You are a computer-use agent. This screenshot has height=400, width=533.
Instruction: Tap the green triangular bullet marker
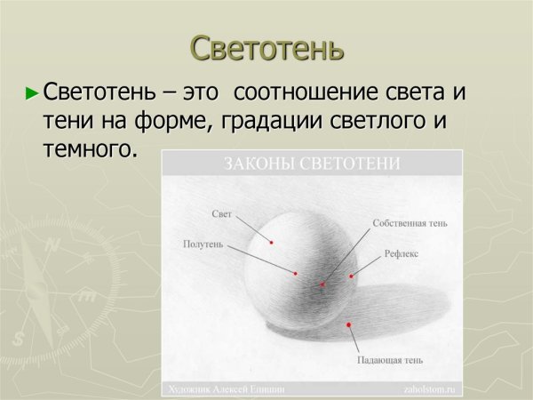point(33,92)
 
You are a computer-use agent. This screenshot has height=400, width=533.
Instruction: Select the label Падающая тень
point(390,360)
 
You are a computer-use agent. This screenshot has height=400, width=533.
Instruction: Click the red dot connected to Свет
point(272,241)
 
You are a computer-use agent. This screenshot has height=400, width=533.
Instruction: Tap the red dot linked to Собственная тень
point(322,284)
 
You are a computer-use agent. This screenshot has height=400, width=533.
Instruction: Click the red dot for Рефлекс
point(352,276)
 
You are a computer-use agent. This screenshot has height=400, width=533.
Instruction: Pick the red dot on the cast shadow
point(349,324)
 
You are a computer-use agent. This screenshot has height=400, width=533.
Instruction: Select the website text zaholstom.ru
point(427,389)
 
